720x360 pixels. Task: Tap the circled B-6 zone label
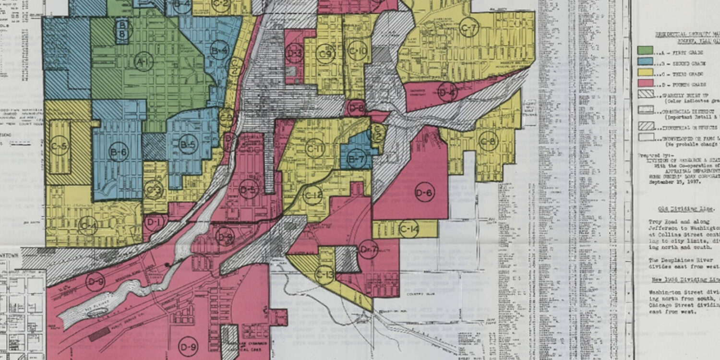(x=118, y=151)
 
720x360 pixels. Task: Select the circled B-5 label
(x=188, y=144)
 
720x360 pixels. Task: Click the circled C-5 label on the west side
(x=60, y=145)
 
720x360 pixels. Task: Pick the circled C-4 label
(x=88, y=225)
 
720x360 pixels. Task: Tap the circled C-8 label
(x=489, y=141)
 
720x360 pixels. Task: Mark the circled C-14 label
(x=409, y=230)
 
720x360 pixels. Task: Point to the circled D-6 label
(x=424, y=192)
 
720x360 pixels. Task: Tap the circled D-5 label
(x=249, y=189)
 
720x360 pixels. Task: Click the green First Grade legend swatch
(x=645, y=50)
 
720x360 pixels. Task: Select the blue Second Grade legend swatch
(x=645, y=61)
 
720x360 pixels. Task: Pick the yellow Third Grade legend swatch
(x=645, y=72)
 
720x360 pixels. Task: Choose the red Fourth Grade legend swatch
(x=645, y=84)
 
